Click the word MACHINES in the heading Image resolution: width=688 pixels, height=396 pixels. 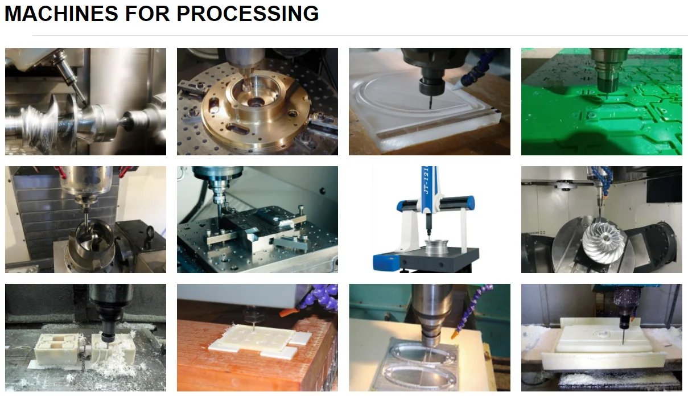(x=61, y=14)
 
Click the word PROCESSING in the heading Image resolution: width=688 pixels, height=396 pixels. (x=248, y=14)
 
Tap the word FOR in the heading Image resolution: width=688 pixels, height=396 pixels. (x=147, y=14)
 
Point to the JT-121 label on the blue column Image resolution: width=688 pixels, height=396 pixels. (x=426, y=181)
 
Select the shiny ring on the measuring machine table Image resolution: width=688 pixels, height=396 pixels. (x=436, y=247)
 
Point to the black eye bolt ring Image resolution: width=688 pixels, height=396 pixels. (x=150, y=234)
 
